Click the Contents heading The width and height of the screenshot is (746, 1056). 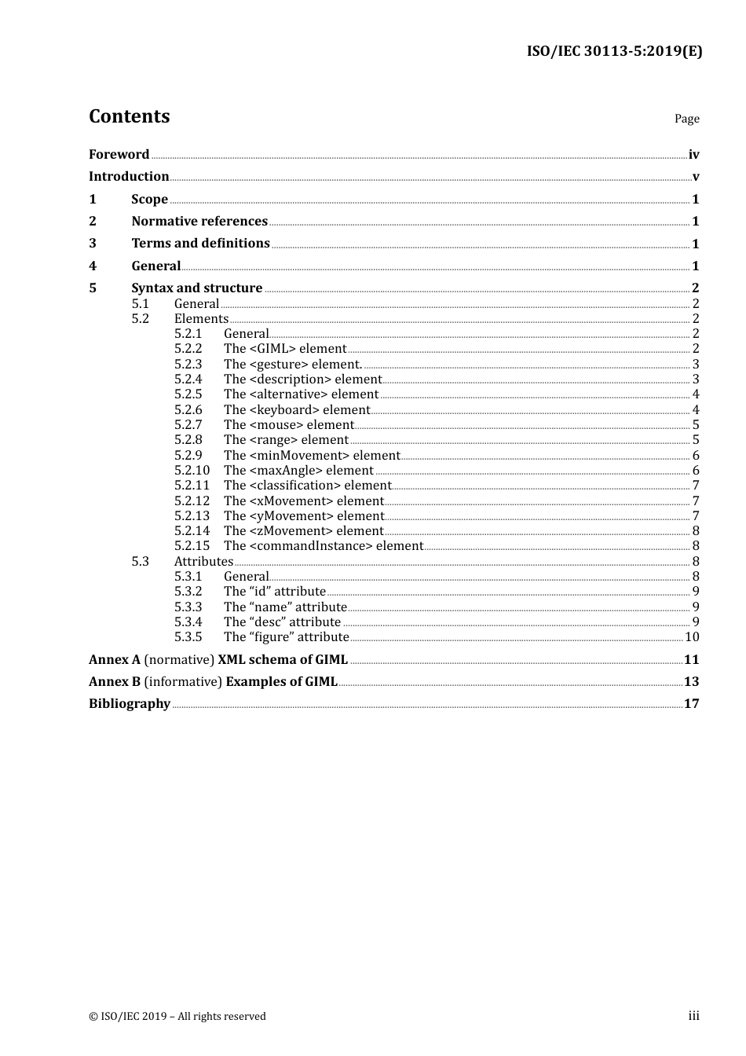[129, 116]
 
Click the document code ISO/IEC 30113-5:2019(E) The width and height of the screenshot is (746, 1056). [614, 51]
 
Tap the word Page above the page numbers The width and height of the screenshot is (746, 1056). [686, 119]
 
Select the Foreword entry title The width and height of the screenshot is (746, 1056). [119, 154]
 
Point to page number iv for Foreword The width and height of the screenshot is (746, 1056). [693, 154]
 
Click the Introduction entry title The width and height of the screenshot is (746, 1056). [129, 176]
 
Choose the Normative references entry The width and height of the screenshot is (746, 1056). [199, 221]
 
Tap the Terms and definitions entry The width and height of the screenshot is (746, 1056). [200, 243]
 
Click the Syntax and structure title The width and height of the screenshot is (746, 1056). [196, 288]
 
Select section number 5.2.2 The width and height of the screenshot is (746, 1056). [188, 348]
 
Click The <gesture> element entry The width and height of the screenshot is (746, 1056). [292, 364]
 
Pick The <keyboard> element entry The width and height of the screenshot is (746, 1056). [296, 409]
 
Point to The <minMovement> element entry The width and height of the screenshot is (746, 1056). [312, 455]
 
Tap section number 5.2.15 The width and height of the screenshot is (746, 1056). [192, 545]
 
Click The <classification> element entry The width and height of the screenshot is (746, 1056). [307, 485]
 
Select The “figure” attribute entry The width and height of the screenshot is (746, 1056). [286, 636]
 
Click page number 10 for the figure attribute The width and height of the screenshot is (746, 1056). [692, 636]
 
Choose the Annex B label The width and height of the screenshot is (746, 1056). [114, 681]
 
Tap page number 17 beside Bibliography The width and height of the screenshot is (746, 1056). [691, 703]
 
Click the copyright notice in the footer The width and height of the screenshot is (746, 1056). [177, 1016]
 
